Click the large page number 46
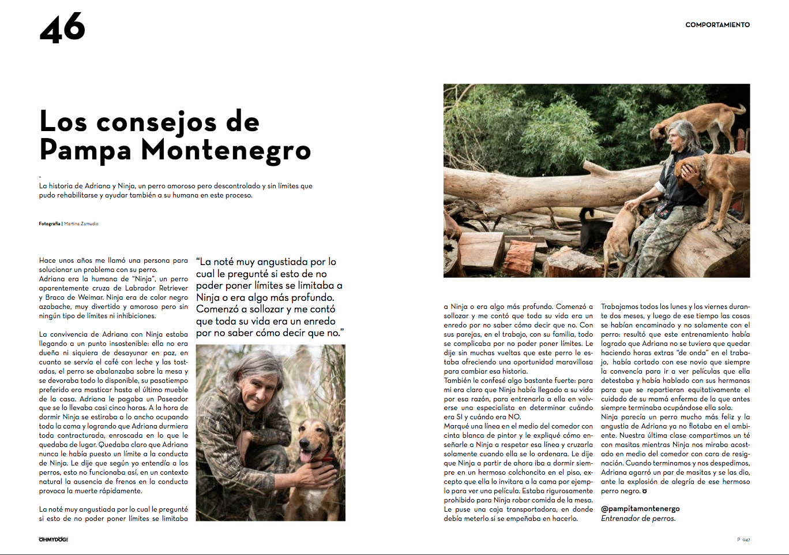62,28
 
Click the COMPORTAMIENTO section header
717,25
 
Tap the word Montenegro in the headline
226,150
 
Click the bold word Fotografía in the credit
50,224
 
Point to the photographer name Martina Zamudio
81,224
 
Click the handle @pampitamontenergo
640,509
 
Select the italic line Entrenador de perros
638,518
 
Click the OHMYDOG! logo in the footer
53,539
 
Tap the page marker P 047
743,539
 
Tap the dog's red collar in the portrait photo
328,460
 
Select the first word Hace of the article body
47,260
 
